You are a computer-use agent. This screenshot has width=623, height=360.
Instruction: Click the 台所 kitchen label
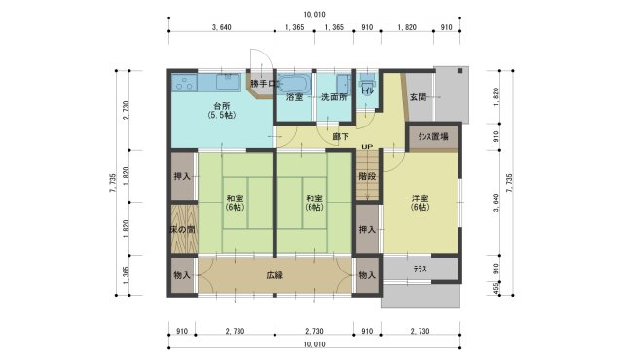(222, 105)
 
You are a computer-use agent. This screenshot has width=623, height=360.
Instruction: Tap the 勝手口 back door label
(263, 84)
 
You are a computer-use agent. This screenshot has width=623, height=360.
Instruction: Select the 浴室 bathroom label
(295, 98)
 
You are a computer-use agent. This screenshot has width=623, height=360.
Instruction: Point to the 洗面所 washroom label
(333, 98)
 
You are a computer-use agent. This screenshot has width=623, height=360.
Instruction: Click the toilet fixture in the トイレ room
(367, 89)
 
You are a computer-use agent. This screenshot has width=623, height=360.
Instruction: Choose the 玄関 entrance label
(418, 97)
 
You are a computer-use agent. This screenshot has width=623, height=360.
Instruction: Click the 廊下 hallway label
(342, 137)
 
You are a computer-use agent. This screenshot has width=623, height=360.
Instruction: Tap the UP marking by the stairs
(366, 148)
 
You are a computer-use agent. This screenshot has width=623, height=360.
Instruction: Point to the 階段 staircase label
(366, 177)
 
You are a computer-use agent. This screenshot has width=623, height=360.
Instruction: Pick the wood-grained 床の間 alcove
(183, 229)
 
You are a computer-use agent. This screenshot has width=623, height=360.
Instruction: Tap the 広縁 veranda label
(275, 275)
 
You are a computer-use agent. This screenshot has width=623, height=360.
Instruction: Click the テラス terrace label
(420, 269)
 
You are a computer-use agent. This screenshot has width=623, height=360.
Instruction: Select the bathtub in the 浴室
(295, 82)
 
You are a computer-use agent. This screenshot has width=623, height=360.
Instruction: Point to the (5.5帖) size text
(222, 116)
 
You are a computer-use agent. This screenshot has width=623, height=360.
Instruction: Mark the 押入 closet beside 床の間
(182, 177)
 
